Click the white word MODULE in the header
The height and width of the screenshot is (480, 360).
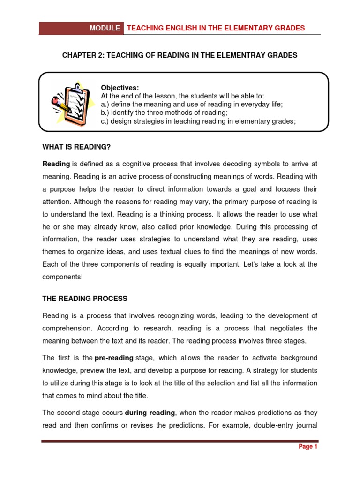point(105,28)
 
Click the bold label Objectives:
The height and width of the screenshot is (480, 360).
point(120,88)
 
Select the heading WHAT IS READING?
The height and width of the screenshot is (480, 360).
point(76,147)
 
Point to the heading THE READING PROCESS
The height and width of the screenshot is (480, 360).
point(85,299)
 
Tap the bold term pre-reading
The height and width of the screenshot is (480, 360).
point(114,358)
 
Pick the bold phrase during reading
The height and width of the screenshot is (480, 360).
point(150,412)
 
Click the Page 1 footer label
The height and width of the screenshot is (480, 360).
point(308,447)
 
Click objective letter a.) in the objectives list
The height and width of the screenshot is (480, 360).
point(105,104)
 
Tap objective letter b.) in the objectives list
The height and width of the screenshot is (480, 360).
point(105,112)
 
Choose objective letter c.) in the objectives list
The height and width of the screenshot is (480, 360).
point(105,121)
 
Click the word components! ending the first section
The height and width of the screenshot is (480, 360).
point(62,277)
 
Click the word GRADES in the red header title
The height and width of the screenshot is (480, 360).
point(290,28)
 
